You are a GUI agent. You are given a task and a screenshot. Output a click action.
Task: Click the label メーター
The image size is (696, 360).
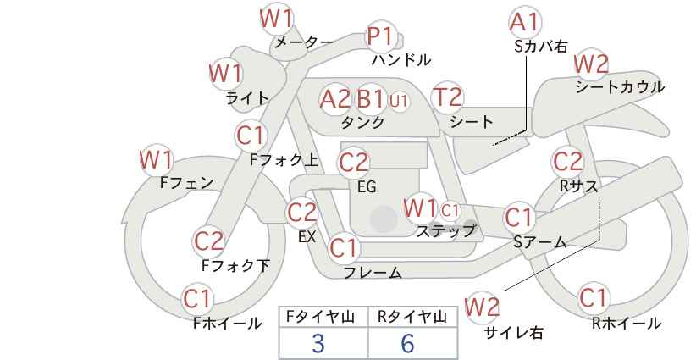[x=304, y=42]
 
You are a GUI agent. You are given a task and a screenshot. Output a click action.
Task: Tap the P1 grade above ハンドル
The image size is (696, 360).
[x=380, y=36]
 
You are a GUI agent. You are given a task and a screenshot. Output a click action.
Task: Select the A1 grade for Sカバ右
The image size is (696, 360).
[x=525, y=23]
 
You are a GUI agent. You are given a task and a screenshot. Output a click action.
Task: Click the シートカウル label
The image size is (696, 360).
[x=620, y=87]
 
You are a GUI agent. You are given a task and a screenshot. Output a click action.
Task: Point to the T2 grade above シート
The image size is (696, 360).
[x=447, y=97]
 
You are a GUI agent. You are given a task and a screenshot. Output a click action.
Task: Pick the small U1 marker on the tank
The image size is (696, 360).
[x=399, y=101]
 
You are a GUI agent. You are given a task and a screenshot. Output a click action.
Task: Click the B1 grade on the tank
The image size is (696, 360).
[x=370, y=98]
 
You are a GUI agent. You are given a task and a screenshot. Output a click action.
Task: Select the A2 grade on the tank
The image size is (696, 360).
[x=334, y=98]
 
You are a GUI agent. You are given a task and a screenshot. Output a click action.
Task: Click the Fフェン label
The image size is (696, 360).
[x=186, y=183]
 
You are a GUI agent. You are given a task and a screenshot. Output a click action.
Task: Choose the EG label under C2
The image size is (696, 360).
[x=367, y=187]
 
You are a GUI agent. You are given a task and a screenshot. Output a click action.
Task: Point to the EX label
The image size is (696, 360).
[x=307, y=236]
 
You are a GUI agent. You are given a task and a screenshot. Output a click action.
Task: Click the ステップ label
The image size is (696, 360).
[x=445, y=231]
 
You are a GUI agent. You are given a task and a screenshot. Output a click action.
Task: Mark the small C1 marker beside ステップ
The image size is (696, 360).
[x=450, y=210]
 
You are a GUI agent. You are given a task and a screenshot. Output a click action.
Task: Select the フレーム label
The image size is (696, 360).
[x=373, y=273]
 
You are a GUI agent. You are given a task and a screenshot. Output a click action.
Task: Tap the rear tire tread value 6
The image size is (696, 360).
[x=407, y=343]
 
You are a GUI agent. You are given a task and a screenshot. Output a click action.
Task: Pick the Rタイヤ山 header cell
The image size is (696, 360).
[x=413, y=317]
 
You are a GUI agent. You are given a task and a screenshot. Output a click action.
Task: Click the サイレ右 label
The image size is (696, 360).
[x=514, y=333]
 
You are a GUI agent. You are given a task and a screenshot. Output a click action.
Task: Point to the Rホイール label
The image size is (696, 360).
[x=627, y=324]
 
